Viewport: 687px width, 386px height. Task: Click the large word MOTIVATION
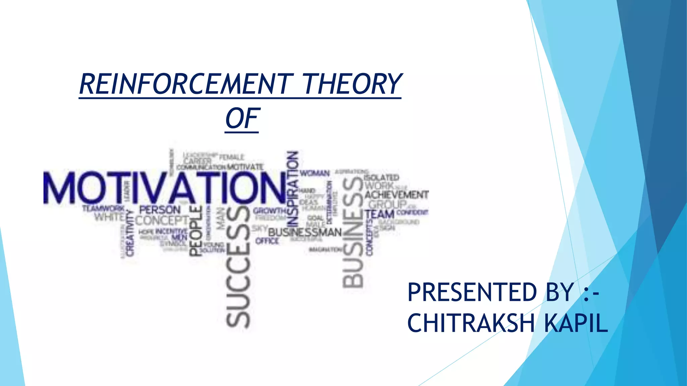click(164, 188)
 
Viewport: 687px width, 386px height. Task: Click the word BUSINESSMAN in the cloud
click(305, 232)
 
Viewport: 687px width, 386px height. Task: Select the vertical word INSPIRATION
click(293, 189)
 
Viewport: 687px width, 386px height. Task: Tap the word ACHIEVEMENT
click(397, 195)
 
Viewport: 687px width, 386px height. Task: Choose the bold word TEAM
click(379, 214)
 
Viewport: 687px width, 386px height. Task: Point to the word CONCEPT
click(162, 221)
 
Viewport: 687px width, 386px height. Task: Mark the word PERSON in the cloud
click(160, 210)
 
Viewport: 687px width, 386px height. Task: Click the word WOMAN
click(315, 173)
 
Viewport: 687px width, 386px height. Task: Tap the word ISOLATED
click(381, 177)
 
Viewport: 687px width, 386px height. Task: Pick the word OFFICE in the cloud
click(267, 241)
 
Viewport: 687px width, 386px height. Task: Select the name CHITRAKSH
click(471, 323)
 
